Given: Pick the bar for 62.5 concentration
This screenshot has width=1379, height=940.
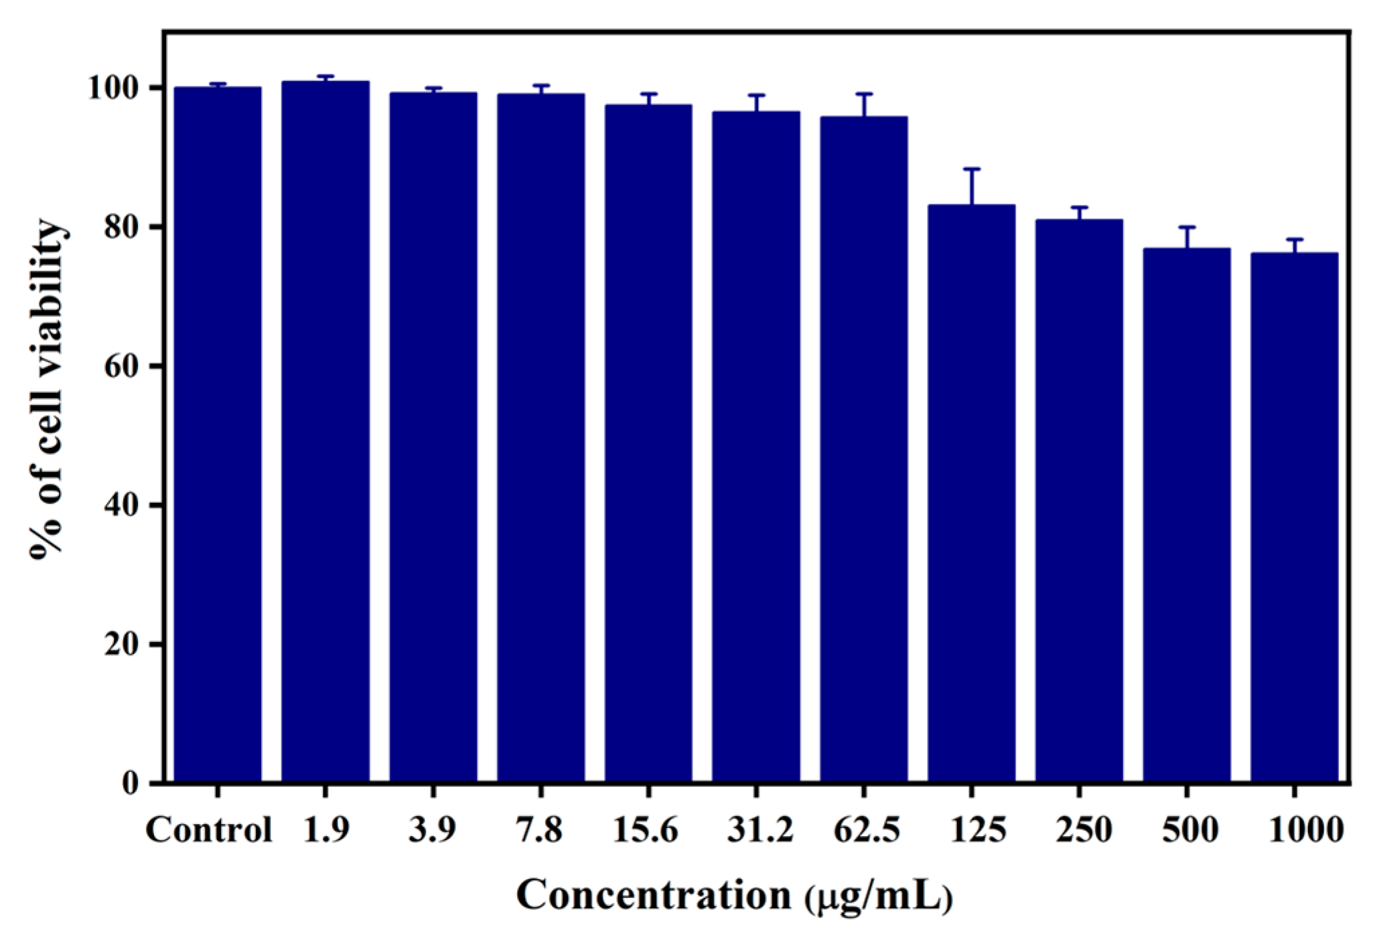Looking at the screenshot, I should pyautogui.click(x=863, y=449).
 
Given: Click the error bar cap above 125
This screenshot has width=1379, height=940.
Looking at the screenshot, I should pyautogui.click(x=971, y=169).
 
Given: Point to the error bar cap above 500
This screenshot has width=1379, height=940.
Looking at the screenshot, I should pyautogui.click(x=1186, y=228).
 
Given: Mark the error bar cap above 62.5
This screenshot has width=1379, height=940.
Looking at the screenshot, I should pyautogui.click(x=863, y=94).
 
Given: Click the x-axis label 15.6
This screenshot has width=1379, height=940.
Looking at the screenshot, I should pyautogui.click(x=645, y=831).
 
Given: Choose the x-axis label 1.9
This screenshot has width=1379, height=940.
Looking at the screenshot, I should pyautogui.click(x=325, y=831).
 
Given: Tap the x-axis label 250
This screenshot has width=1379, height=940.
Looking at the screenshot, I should pyautogui.click(x=1084, y=831).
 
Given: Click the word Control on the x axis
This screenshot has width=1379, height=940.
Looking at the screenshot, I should pyautogui.click(x=209, y=831).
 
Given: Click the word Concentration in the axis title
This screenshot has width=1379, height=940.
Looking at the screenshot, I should pyautogui.click(x=654, y=895).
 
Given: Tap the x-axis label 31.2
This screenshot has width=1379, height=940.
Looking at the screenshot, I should pyautogui.click(x=759, y=831).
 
